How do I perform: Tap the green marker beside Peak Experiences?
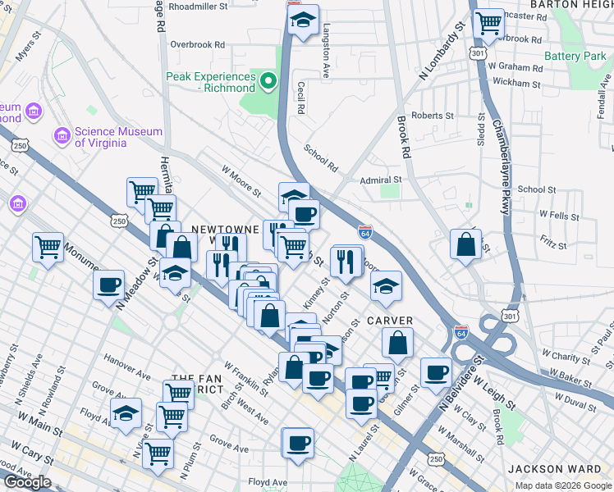click(268, 81)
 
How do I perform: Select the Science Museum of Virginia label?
click(100, 136)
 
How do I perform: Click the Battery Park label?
click(575, 57)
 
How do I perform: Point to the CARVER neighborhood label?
click(389, 320)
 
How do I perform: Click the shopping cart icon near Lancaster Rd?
click(489, 24)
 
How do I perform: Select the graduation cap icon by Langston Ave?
click(304, 22)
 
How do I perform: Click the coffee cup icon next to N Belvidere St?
click(436, 372)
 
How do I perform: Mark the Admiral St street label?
click(380, 180)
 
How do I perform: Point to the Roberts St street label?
click(433, 116)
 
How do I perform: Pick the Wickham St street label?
click(515, 83)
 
